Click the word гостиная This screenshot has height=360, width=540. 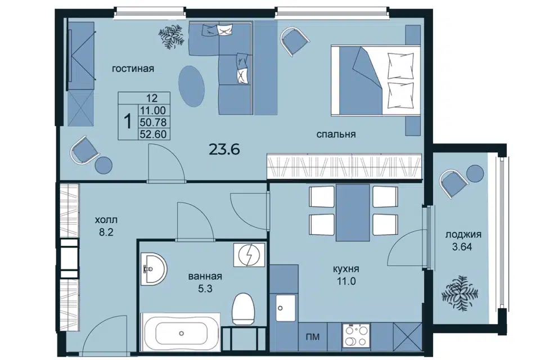point(133,69)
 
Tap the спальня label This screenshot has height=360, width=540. point(336,134)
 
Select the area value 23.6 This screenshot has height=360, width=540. point(224,150)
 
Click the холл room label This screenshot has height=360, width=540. point(106,220)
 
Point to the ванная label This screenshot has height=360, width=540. point(205,276)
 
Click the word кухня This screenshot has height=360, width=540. point(346,269)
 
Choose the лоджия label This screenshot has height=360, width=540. point(463,235)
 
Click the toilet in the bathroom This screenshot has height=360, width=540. point(243,309)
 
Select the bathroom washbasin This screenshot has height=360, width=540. point(154,268)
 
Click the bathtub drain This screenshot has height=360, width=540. point(182,334)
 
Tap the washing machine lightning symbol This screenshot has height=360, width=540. point(249,255)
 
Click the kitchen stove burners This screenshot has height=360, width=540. point(356,336)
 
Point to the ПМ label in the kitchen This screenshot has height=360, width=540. point(313,336)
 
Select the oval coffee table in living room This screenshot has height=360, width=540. point(191,86)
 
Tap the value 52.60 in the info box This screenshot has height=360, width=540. point(153,134)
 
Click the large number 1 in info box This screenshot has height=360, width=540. point(128,122)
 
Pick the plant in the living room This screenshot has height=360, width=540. point(171,36)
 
